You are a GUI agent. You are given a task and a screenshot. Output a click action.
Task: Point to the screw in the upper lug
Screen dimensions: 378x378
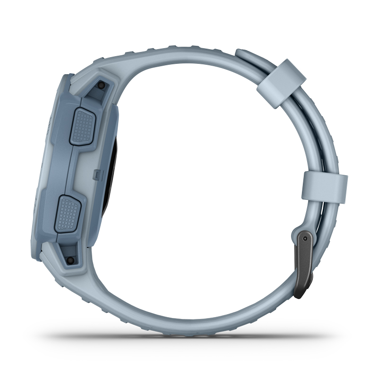coord(101,85)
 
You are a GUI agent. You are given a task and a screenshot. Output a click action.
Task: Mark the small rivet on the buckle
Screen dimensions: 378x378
coord(303,235)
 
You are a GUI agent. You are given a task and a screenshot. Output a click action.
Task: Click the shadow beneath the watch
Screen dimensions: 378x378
coord(189,336)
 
